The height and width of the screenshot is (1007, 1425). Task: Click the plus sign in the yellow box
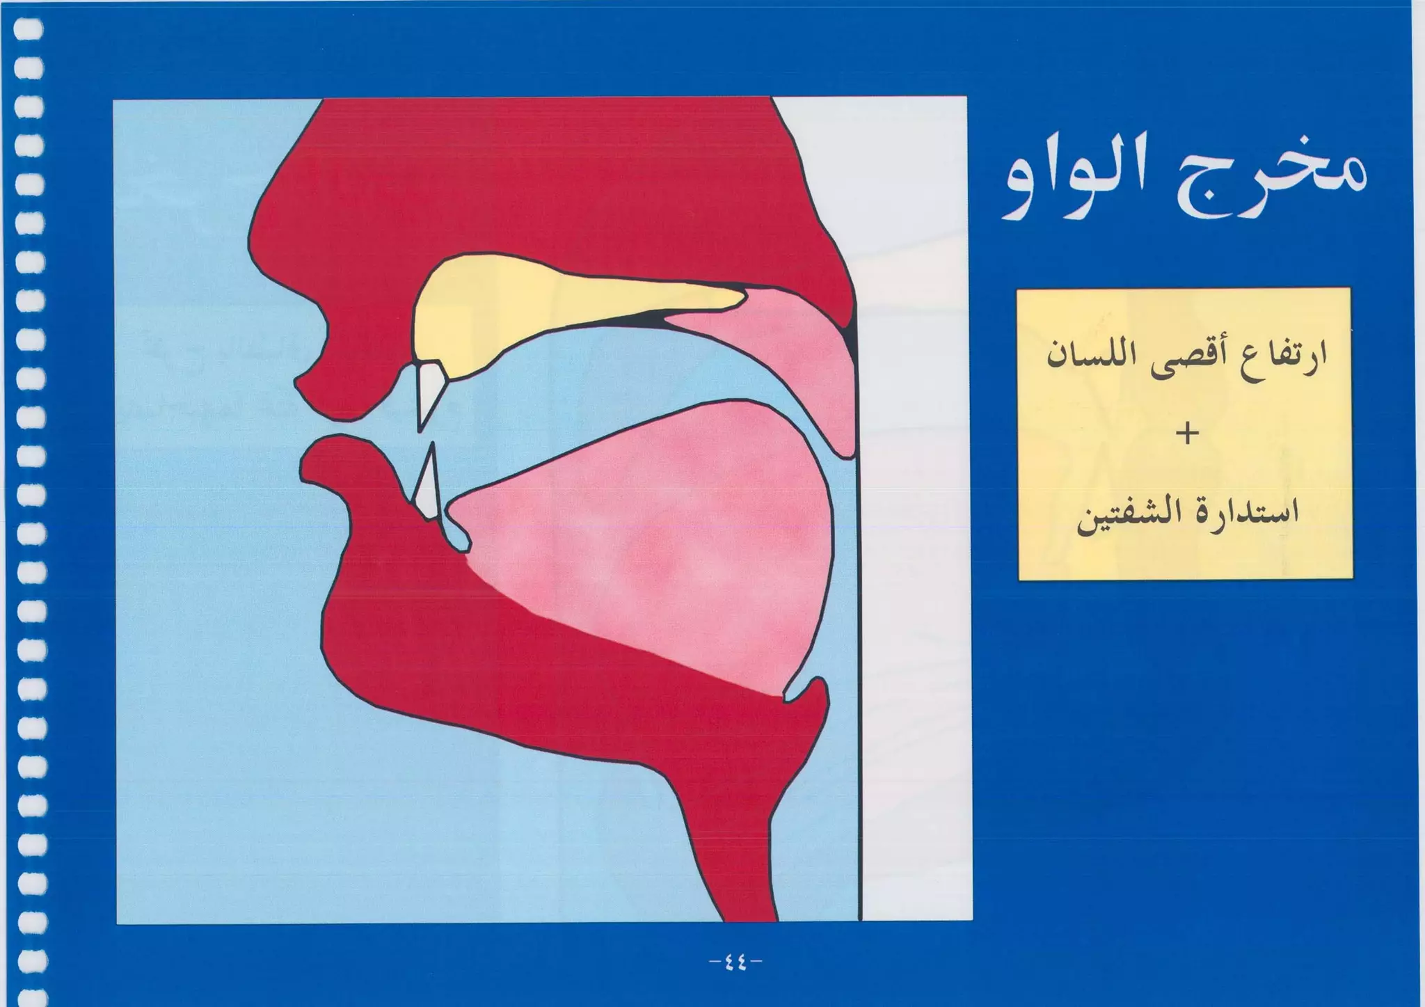click(1187, 435)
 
